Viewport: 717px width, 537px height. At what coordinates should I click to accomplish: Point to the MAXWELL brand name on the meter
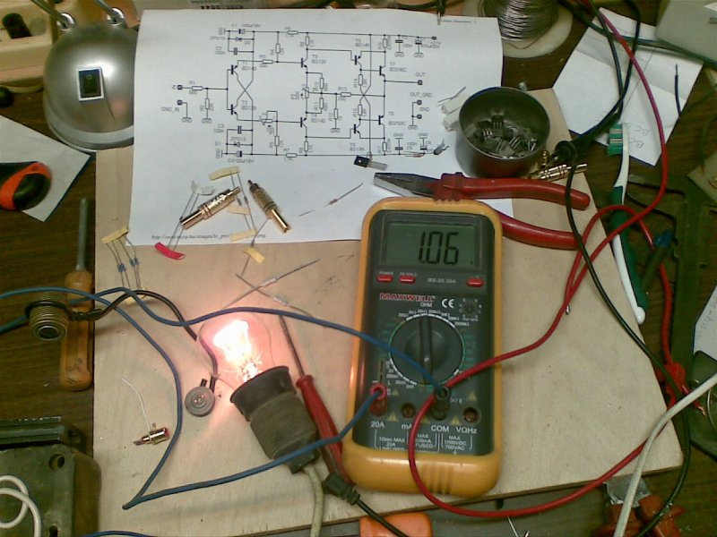pos(401,296)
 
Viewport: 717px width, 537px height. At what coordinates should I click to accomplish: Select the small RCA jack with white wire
pos(153,435)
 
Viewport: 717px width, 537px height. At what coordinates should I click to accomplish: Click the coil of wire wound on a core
pos(46,319)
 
